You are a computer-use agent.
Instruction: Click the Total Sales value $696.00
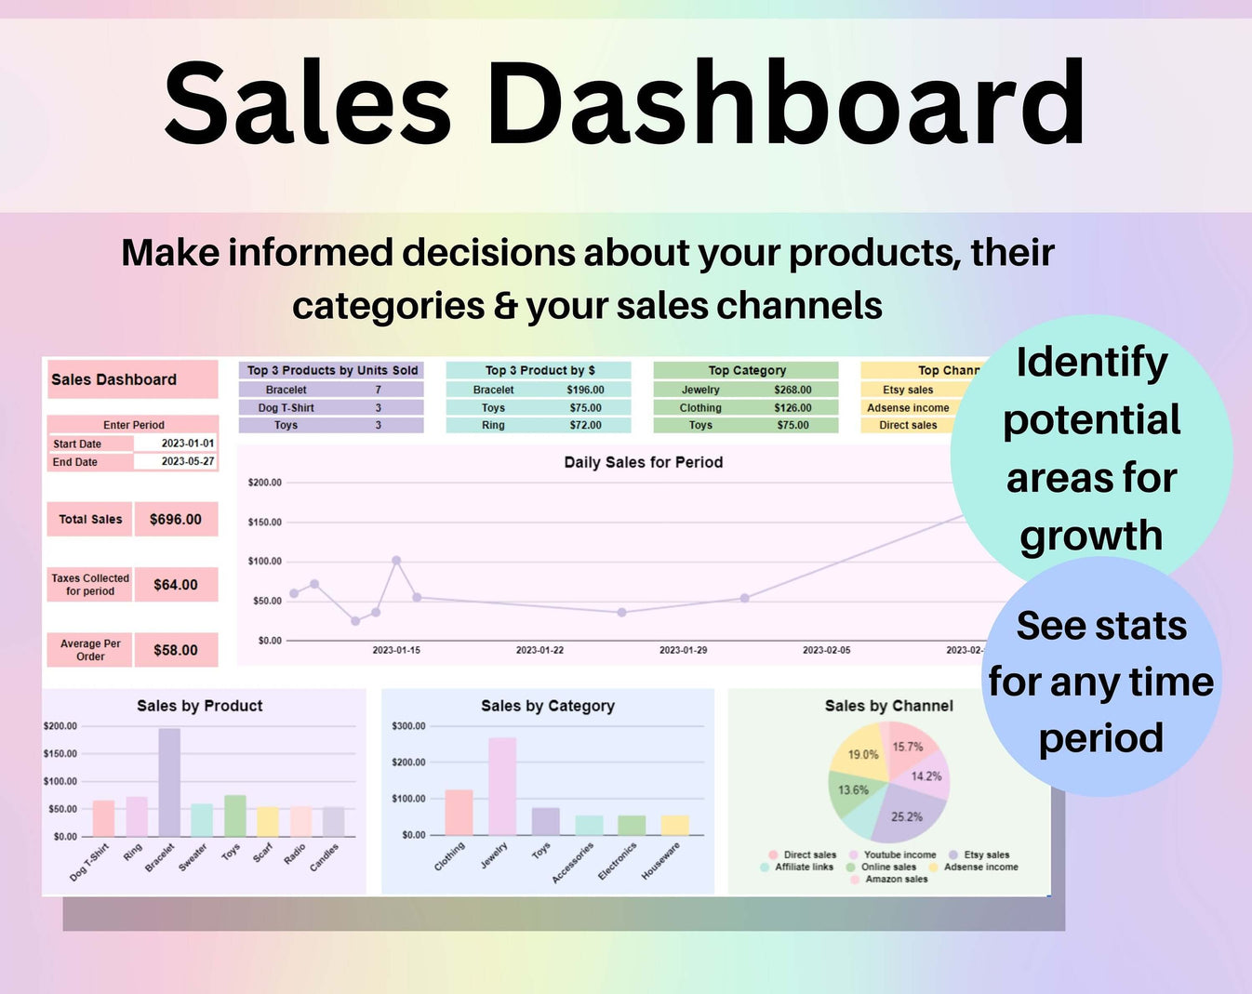(176, 519)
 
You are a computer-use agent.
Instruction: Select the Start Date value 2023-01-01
(187, 444)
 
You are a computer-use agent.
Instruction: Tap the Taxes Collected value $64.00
(176, 585)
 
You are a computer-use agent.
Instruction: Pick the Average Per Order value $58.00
(176, 650)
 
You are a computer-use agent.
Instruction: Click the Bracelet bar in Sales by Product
(169, 782)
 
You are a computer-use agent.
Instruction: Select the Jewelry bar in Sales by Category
(502, 787)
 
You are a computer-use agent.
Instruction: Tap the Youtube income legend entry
(899, 855)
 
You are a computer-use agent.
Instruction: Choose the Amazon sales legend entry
(896, 879)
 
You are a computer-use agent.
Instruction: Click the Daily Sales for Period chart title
(643, 462)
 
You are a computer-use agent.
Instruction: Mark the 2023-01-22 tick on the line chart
(539, 650)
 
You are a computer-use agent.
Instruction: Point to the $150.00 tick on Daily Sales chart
(264, 523)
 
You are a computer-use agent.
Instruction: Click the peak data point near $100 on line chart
(396, 561)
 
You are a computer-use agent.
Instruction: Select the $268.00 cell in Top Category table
(792, 390)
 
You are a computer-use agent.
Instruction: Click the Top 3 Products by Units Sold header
(332, 370)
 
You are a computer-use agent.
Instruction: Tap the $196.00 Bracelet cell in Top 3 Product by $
(585, 390)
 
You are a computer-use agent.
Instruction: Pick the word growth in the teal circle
(1091, 537)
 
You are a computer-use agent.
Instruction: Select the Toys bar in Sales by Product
(235, 815)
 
